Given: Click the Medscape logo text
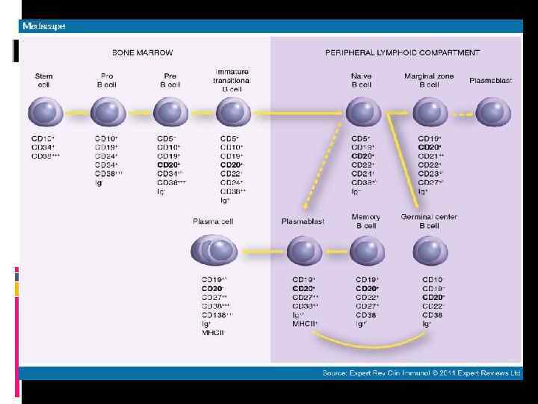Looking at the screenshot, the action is tap(44, 26).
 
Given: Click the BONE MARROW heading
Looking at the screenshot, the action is tap(142, 53).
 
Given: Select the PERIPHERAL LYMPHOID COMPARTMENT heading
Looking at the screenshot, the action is tap(402, 53).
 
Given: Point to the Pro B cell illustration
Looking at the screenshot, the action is tap(108, 114).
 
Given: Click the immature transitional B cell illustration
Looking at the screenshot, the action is tap(232, 114).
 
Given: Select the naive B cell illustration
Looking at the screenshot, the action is tap(362, 114).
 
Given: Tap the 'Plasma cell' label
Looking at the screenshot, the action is tap(213, 221).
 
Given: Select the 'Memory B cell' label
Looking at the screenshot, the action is tap(366, 221).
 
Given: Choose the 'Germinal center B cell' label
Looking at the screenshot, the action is tap(429, 221).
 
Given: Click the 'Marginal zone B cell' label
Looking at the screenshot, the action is tap(429, 80).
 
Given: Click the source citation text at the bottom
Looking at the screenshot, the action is tap(421, 372).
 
